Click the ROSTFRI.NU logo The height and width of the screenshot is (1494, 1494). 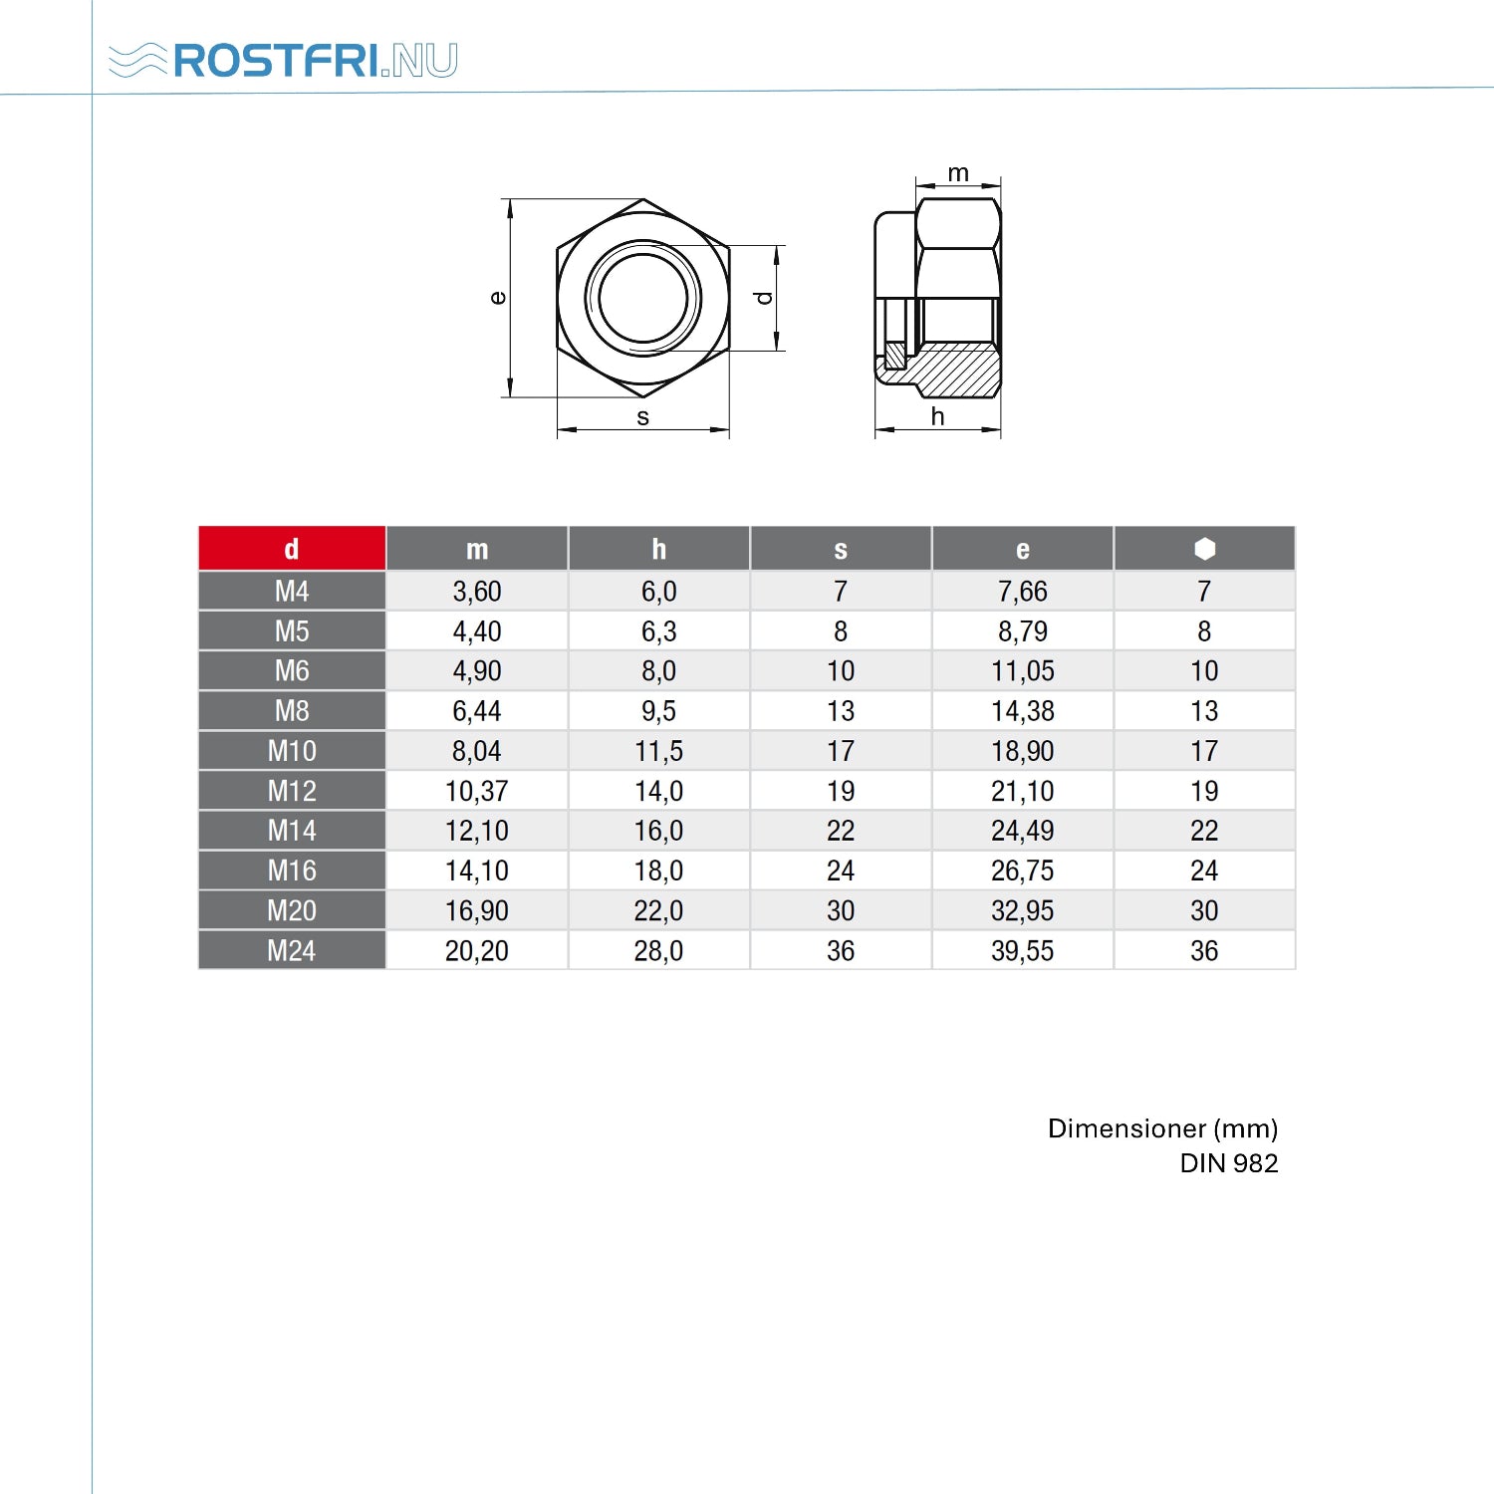pyautogui.click(x=283, y=61)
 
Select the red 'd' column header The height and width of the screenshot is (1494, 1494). pyautogui.click(x=292, y=549)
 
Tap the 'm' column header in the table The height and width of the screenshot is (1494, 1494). pyautogui.click(x=477, y=549)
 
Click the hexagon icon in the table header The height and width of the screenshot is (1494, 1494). pyautogui.click(x=1204, y=549)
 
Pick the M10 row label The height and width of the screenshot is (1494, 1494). pyautogui.click(x=292, y=751)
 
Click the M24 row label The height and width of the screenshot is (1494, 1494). pyautogui.click(x=292, y=951)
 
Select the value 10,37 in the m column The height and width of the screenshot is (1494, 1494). pyautogui.click(x=477, y=791)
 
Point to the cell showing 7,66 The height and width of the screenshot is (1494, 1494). pyautogui.click(x=1023, y=592)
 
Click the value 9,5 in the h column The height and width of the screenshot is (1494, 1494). pyautogui.click(x=658, y=711)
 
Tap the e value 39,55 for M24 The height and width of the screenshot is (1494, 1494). pyautogui.click(x=1023, y=951)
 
